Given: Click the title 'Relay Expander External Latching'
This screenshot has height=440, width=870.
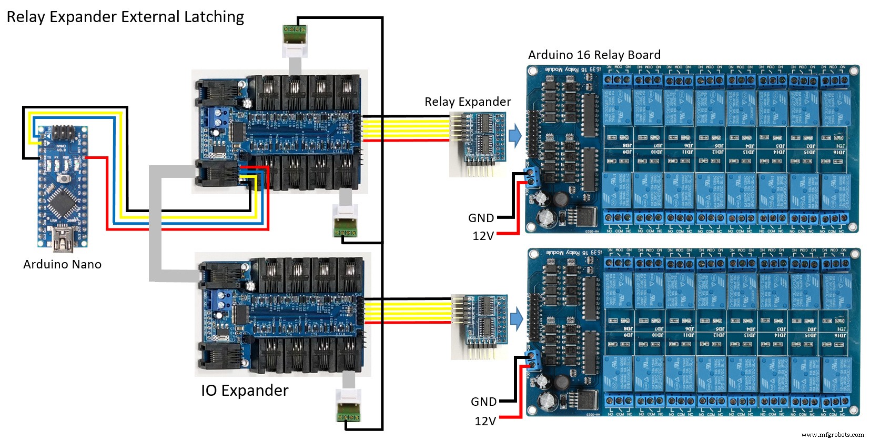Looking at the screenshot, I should (125, 17).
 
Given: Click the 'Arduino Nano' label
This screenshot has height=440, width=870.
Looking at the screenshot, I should (62, 264).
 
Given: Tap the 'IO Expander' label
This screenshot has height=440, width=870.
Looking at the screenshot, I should (245, 391).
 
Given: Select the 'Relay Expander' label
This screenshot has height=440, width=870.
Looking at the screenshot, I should (468, 102).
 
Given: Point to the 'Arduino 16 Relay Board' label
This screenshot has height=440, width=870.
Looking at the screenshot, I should (594, 55).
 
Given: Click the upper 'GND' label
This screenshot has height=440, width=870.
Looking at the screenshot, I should (481, 218).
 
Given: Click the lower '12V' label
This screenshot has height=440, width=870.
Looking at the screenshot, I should (485, 421).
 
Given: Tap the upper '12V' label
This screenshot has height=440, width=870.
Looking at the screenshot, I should (483, 236).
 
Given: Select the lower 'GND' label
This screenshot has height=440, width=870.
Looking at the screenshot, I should (483, 402).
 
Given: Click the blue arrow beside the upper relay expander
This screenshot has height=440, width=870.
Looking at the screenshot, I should (515, 136).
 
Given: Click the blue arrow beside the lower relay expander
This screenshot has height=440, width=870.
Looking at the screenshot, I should (517, 319).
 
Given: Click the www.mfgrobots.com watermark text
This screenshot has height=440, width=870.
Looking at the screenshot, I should (832, 434).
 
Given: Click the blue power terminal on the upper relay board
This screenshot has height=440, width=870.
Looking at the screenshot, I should (533, 177).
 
